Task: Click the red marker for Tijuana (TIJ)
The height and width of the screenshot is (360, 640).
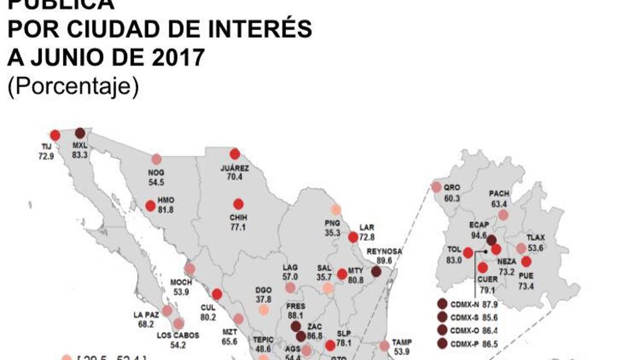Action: [x=55, y=135]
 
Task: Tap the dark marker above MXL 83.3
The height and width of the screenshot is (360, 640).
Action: [x=80, y=133]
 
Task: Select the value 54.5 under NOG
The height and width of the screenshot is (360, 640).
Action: [x=156, y=182]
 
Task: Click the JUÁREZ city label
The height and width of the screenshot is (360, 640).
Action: [x=234, y=168]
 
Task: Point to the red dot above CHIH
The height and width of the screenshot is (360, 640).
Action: [x=238, y=204]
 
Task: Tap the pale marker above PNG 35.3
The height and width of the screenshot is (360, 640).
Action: [x=336, y=209]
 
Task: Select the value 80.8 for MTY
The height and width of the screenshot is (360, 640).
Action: [x=356, y=281]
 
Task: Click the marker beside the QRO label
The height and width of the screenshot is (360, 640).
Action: [x=436, y=187]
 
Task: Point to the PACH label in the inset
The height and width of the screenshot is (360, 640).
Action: [x=499, y=193]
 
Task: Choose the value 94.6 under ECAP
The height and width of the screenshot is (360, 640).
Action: [x=479, y=236]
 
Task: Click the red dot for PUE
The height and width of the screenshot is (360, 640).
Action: [x=526, y=261]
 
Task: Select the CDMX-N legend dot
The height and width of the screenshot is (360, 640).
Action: [x=442, y=304]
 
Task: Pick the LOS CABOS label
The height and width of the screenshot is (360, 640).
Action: [x=178, y=335]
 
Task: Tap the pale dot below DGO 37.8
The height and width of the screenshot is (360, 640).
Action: [x=264, y=310]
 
